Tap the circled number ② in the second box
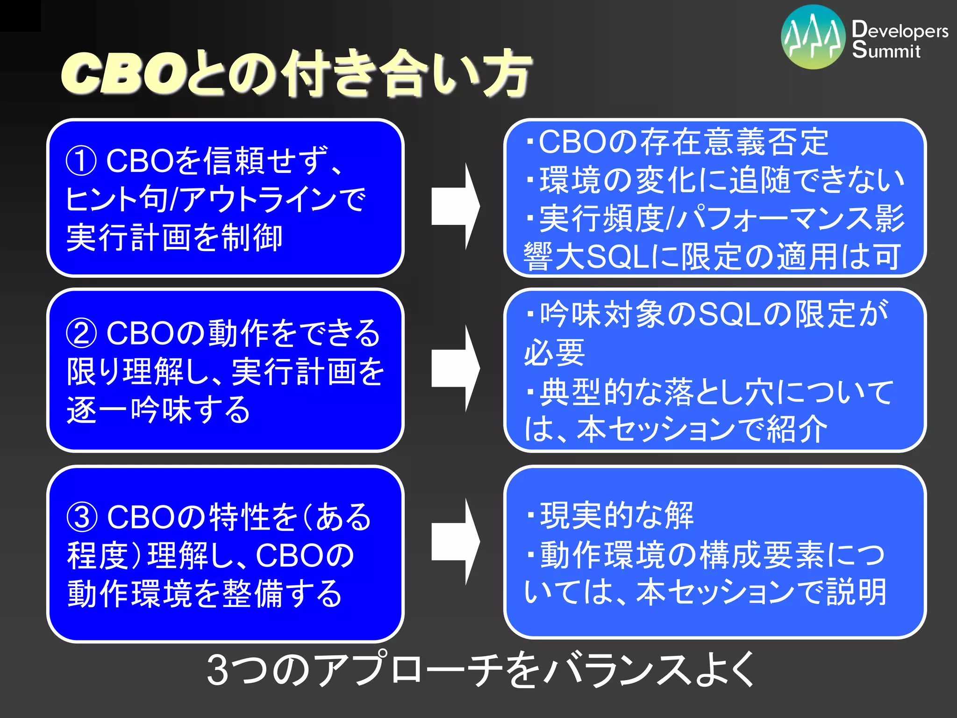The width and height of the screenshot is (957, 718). [x=81, y=333]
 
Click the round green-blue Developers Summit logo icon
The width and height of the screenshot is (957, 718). [x=813, y=37]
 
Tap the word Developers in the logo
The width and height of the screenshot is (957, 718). [x=900, y=30]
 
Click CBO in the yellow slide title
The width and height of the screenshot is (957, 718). [x=124, y=74]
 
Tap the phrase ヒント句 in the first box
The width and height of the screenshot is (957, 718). [x=117, y=200]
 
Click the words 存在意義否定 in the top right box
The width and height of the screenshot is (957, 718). [x=734, y=142]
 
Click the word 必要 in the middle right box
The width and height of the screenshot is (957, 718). [x=554, y=353]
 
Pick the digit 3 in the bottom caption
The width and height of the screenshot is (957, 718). [x=218, y=670]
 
